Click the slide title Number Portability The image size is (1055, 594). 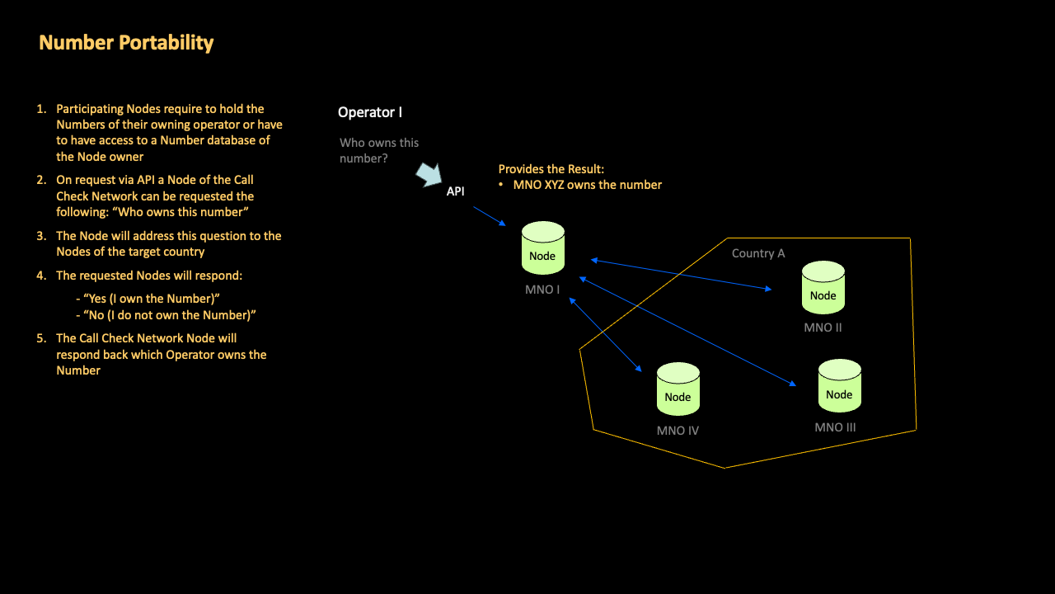click(126, 43)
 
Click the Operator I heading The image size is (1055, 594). click(370, 112)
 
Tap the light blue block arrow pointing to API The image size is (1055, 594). click(429, 174)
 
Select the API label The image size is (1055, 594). click(456, 191)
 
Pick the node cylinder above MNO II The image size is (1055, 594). click(823, 288)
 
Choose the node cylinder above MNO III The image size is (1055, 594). click(839, 386)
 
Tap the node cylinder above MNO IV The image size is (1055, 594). click(678, 389)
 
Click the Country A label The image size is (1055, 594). click(758, 253)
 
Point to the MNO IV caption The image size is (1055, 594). click(678, 431)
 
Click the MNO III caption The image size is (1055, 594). click(835, 427)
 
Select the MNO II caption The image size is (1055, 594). click(823, 328)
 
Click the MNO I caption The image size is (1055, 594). click(542, 290)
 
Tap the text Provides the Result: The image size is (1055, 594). click(551, 169)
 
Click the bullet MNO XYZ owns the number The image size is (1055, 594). click(587, 185)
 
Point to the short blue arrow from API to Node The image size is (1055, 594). click(490, 216)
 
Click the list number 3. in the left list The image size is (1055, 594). click(41, 236)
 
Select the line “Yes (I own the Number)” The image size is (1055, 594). click(152, 299)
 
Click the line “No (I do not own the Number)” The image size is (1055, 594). click(170, 315)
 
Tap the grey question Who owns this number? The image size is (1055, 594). click(379, 150)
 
